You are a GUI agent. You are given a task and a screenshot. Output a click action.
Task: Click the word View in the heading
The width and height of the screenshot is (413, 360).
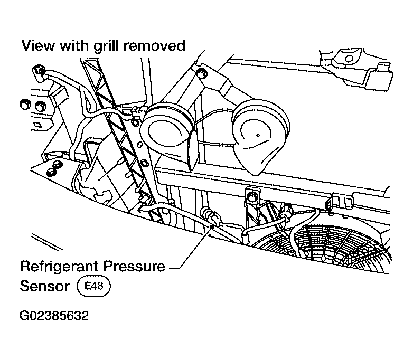38,45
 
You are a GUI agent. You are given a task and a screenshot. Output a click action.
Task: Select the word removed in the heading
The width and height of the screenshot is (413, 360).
154,45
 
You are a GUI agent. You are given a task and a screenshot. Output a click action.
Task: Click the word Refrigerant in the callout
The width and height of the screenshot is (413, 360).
59,267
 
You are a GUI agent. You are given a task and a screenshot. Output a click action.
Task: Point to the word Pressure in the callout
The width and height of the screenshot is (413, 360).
134,266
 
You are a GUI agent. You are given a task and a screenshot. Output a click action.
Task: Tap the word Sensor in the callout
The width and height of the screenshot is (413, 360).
45,286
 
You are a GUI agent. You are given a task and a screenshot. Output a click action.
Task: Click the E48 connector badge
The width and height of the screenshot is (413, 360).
93,286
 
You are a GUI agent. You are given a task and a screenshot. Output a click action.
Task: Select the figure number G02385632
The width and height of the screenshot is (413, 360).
54,316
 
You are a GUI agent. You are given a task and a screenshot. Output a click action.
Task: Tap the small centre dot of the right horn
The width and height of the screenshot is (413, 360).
258,135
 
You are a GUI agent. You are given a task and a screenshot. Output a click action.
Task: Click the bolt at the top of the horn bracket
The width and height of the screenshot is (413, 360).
201,72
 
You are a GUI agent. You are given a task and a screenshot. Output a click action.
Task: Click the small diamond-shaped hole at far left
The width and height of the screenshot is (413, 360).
37,125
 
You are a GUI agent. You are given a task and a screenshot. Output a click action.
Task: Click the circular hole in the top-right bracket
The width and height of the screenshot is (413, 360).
349,59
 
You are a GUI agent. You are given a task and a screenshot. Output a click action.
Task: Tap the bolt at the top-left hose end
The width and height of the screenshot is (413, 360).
39,71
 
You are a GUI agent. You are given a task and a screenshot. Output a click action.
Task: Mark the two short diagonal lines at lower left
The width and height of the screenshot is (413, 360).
46,241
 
